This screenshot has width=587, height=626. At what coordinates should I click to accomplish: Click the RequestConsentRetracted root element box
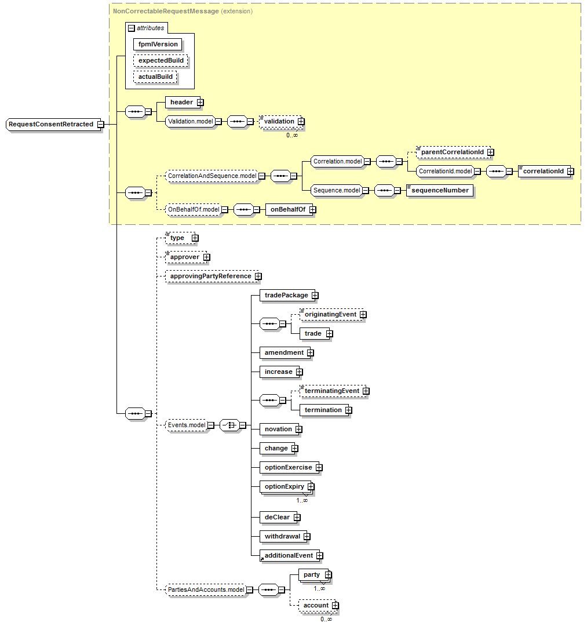coord(51,124)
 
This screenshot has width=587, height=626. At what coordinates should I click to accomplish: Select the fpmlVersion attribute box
coord(158,44)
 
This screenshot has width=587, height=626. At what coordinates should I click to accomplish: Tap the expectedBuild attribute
coord(161,60)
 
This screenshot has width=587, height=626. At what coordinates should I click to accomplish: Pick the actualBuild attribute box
coord(155,77)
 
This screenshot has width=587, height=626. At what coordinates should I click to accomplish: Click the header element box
coord(181,102)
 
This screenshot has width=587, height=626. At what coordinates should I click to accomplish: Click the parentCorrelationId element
coord(452,152)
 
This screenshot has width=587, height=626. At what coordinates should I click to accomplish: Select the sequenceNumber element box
coord(440,190)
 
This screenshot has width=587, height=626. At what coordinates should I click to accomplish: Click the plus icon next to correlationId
coord(570,171)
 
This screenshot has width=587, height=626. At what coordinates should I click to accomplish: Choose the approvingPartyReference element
coord(210,276)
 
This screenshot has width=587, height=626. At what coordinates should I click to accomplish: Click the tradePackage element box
coord(286,295)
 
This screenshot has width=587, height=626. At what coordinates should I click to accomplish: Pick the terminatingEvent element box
coord(331,391)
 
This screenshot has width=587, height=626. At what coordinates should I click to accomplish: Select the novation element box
coord(278,429)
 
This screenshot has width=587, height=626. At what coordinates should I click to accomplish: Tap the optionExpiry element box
coord(284,486)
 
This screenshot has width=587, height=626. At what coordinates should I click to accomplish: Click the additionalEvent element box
coord(288,555)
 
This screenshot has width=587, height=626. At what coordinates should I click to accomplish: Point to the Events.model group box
coord(187,425)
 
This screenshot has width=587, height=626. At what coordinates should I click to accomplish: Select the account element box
coord(315,605)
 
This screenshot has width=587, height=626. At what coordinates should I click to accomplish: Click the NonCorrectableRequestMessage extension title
coord(166,11)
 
